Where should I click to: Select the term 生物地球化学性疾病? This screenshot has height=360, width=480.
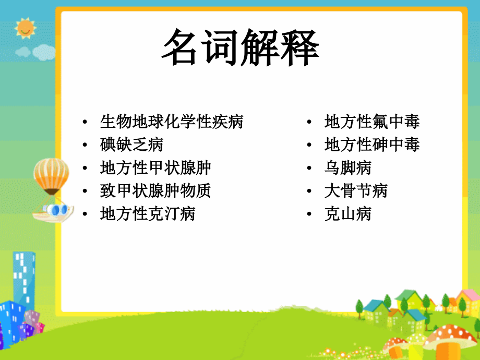pos(172,122)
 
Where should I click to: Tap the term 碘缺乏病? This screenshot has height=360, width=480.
pos(131,145)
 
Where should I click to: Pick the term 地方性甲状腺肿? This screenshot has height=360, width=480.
pos(155,168)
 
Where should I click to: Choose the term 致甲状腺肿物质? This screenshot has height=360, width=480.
pos(155,190)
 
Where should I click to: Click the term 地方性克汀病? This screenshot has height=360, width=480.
pos(148,213)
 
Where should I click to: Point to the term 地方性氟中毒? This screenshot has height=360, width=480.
pos(372,122)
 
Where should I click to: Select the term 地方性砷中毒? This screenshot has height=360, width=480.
pos(372,145)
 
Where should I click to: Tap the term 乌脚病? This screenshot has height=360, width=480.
pos(348,168)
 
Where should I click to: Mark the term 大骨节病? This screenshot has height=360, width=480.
pos(356,190)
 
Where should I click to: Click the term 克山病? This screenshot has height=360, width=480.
pos(348,213)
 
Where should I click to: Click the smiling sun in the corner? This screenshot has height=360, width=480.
pos(25,28)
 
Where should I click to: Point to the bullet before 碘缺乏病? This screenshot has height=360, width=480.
pos(85,145)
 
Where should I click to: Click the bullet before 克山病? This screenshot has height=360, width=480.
pos(310,214)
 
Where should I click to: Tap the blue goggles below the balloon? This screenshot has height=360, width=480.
pos(56,210)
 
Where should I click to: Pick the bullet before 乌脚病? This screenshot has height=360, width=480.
pos(310,169)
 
